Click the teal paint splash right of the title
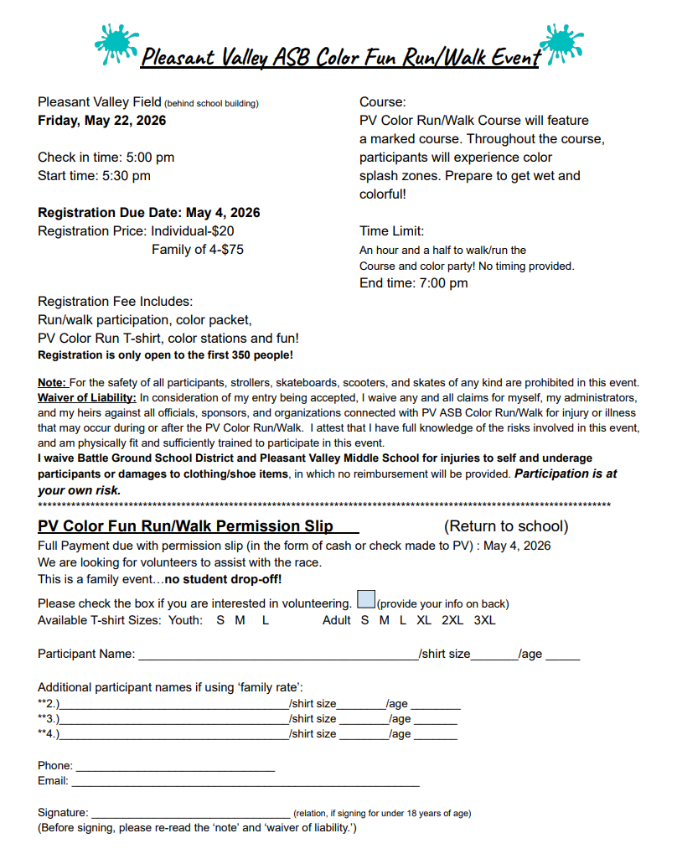(561, 44)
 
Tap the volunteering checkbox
(365, 600)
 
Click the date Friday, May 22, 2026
(102, 120)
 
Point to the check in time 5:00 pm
(150, 157)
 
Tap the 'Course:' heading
(382, 102)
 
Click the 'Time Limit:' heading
(392, 230)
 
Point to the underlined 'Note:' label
(52, 382)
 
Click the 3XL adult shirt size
(484, 620)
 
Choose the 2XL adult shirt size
(452, 620)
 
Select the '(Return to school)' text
(506, 526)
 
